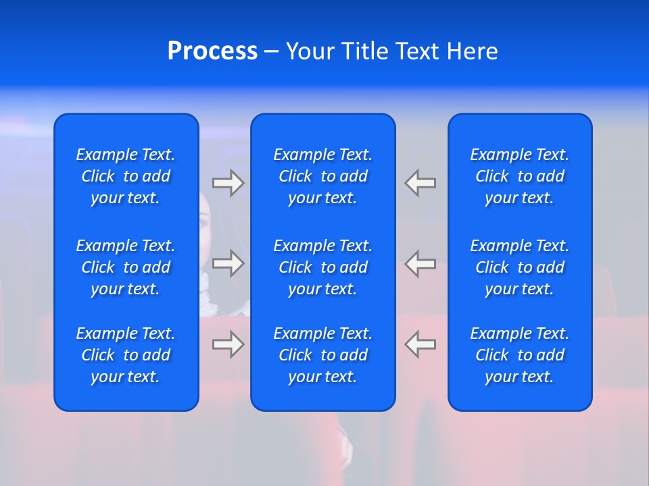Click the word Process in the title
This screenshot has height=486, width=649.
pyautogui.click(x=212, y=51)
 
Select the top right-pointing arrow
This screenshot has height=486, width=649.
pyautogui.click(x=228, y=183)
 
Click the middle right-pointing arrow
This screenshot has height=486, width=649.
pyautogui.click(x=228, y=263)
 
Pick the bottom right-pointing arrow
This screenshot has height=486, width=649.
pyautogui.click(x=228, y=344)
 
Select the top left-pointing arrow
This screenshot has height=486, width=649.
pyautogui.click(x=420, y=183)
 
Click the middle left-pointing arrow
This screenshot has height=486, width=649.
pyautogui.click(x=420, y=263)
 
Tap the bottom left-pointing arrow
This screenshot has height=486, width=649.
pyautogui.click(x=420, y=344)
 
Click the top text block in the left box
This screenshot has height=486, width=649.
pyautogui.click(x=126, y=176)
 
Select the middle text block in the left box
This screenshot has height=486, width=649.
pyautogui.click(x=126, y=267)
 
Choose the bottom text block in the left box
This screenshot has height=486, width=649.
pyautogui.click(x=126, y=355)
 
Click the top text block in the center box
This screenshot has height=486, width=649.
pyautogui.click(x=322, y=176)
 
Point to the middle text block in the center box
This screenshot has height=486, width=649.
pyautogui.click(x=322, y=267)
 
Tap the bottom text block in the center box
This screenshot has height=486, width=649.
pyautogui.click(x=322, y=355)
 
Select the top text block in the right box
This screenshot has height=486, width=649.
pyautogui.click(x=519, y=176)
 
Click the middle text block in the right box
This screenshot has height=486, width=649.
pyautogui.click(x=519, y=267)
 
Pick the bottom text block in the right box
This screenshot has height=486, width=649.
pyautogui.click(x=519, y=355)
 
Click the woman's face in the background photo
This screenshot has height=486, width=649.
pyautogui.click(x=205, y=223)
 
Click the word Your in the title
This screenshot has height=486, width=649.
pyautogui.click(x=309, y=51)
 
